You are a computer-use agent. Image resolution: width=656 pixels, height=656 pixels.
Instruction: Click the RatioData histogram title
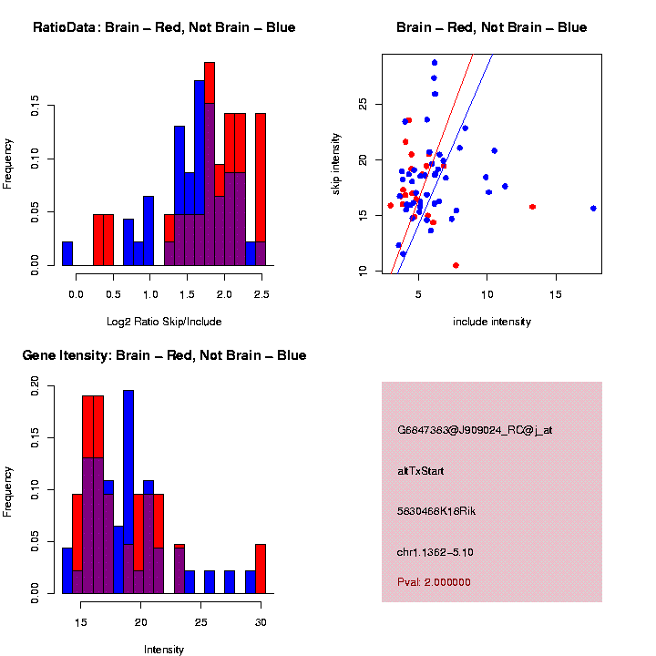164,27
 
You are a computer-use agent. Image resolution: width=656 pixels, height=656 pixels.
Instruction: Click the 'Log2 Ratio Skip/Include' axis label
164,321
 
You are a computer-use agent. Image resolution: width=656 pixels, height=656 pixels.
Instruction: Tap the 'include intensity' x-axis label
492,321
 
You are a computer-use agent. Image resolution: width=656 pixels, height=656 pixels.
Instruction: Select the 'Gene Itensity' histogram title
164,355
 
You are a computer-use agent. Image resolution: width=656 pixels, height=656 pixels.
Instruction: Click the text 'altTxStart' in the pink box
420,471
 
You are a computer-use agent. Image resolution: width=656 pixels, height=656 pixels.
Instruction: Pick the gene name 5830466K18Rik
436,511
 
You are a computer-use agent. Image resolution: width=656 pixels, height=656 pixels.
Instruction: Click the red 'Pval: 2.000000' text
434,582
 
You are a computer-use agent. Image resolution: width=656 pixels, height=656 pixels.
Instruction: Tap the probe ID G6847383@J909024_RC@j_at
474,430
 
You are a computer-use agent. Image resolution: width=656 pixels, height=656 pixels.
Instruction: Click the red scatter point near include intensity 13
532,207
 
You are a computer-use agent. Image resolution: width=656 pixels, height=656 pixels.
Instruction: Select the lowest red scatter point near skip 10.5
456,265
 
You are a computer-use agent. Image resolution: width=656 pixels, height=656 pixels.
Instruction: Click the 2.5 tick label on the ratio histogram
261,293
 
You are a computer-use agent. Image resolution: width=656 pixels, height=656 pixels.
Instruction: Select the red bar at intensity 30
261,569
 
